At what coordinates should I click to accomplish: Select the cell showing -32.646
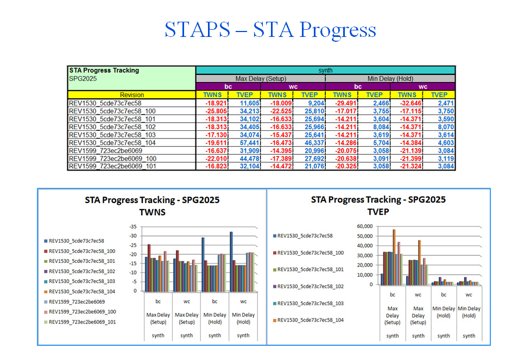tap(409, 103)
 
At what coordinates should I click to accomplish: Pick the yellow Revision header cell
tap(132, 94)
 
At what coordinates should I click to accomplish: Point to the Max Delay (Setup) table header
tap(261, 79)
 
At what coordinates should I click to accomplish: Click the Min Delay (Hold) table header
tap(390, 79)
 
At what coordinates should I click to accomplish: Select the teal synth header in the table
tap(325, 70)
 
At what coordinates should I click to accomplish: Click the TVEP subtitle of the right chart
tap(378, 212)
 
